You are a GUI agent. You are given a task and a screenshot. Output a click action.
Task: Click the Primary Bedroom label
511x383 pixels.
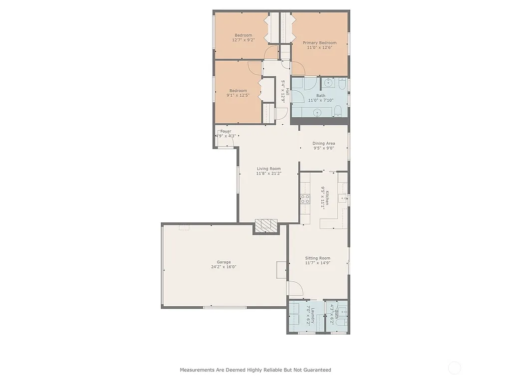click(319, 43)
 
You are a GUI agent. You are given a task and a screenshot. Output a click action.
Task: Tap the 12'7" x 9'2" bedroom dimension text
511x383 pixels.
click(244, 40)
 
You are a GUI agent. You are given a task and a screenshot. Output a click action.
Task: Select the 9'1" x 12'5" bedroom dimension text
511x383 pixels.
click(238, 95)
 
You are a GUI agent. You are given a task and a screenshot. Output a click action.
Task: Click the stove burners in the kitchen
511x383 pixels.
click(304, 199)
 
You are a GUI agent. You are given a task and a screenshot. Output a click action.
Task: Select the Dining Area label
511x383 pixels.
click(323, 143)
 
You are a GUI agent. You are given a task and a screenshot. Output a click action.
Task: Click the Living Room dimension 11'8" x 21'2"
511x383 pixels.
click(268, 174)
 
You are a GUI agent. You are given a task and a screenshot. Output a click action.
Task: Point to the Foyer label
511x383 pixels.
click(226, 131)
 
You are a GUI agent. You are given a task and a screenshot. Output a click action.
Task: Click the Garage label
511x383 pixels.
click(223, 262)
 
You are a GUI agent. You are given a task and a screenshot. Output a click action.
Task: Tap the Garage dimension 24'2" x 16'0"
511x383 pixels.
click(223, 267)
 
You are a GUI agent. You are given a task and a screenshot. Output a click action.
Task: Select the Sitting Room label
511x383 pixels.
click(318, 258)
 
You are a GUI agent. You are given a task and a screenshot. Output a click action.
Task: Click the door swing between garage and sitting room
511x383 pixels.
click(294, 288)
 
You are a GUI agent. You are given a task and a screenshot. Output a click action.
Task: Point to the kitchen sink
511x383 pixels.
click(343, 198)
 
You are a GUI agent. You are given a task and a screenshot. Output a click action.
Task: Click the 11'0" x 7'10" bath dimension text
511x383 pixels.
click(320, 100)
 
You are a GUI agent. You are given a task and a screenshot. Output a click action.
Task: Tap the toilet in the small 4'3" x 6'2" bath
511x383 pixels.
click(341, 323)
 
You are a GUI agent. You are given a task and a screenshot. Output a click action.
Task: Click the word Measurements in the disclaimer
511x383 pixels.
click(198, 370)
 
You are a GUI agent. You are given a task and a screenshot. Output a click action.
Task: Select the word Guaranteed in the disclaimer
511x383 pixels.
click(316, 370)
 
